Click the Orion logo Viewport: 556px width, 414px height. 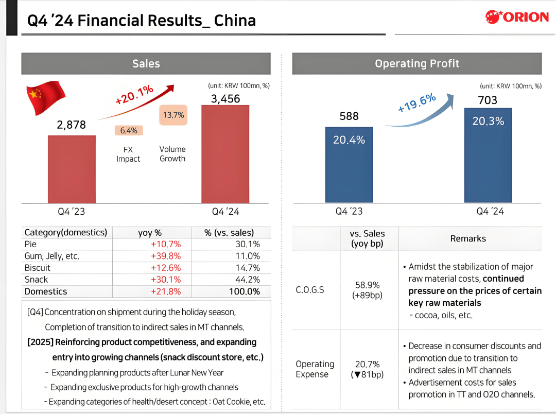point(517,17)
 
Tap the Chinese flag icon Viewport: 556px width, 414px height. point(46,97)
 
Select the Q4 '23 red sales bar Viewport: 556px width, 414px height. point(72,169)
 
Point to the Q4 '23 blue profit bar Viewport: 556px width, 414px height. point(349,165)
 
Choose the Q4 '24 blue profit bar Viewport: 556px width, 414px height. point(488,155)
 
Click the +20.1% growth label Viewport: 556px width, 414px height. point(135,94)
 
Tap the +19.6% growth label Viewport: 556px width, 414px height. point(417,103)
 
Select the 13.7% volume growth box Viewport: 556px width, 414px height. point(173,115)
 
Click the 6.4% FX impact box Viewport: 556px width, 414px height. point(129,131)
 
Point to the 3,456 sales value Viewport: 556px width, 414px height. point(225,98)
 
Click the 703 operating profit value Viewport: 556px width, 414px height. point(488,100)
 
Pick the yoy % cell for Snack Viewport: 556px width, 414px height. point(166,280)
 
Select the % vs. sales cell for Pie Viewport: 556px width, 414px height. point(247,244)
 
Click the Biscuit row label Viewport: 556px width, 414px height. point(38,268)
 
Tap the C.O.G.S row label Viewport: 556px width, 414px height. point(310,290)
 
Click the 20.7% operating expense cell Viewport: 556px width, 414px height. point(367,364)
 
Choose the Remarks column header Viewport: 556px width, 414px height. point(468,238)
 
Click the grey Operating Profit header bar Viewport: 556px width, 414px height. point(417,63)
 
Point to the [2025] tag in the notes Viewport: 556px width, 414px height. point(40,342)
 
